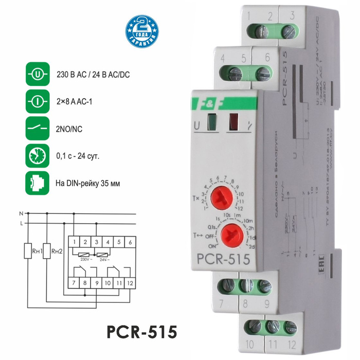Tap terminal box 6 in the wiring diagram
pos(131,241)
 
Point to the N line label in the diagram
pos(21,213)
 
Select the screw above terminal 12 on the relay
pos(291,326)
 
